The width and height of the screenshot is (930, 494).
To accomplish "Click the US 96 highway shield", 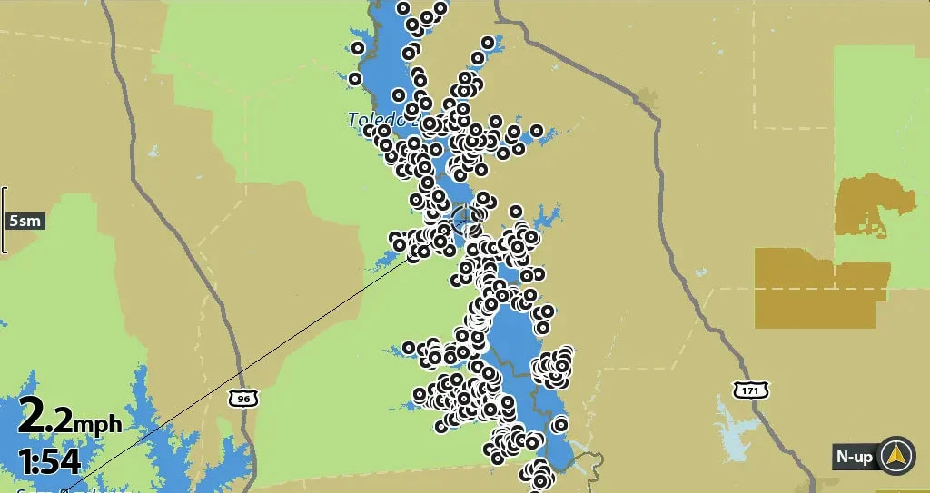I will (242, 398).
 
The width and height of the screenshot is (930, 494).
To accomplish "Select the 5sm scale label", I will (24, 221).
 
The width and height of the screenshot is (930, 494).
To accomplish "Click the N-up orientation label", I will (855, 457).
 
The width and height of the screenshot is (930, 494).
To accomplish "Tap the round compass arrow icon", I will (898, 455).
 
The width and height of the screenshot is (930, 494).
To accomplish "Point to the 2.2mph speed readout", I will (69, 419).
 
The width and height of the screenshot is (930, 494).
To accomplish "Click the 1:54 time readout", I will (49, 460).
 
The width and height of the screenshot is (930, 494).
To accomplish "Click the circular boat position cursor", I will (462, 218).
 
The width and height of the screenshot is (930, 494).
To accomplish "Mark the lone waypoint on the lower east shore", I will (560, 424).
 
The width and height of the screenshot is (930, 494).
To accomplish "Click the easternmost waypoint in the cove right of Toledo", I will (537, 131).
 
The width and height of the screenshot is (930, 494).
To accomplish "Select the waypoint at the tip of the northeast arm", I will (488, 43).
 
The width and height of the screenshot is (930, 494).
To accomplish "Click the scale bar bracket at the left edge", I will (4, 220).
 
